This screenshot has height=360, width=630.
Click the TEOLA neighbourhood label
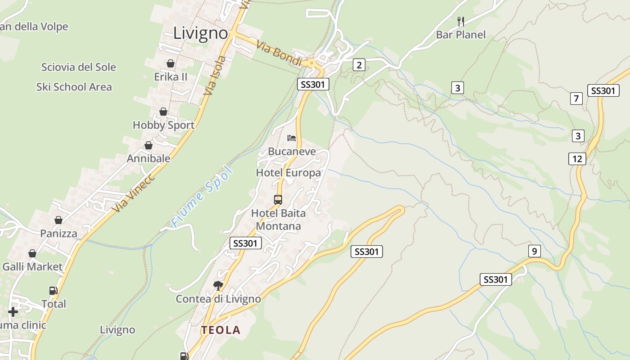click(220, 330)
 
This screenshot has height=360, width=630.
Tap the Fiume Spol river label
click(202, 197)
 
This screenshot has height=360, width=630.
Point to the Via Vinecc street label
click(134, 193)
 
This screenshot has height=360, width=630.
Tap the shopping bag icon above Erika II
click(171, 63)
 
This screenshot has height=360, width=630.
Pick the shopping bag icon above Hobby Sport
click(163, 112)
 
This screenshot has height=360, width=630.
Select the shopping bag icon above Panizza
click(58, 220)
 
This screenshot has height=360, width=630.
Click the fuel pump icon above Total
click(53, 291)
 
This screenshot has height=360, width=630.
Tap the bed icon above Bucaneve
click(292, 138)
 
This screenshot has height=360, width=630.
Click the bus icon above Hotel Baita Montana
click(278, 199)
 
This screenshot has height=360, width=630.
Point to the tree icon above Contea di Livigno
click(218, 285)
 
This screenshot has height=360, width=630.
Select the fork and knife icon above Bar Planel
click(460, 21)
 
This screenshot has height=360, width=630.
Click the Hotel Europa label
click(288, 173)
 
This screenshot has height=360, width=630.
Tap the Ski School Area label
click(74, 87)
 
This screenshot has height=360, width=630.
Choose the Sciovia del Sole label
click(79, 67)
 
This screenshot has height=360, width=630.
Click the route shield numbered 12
click(577, 158)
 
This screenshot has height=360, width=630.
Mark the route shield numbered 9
click(534, 251)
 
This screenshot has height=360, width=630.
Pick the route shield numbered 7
click(576, 98)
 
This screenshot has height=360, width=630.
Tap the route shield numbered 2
click(359, 65)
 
